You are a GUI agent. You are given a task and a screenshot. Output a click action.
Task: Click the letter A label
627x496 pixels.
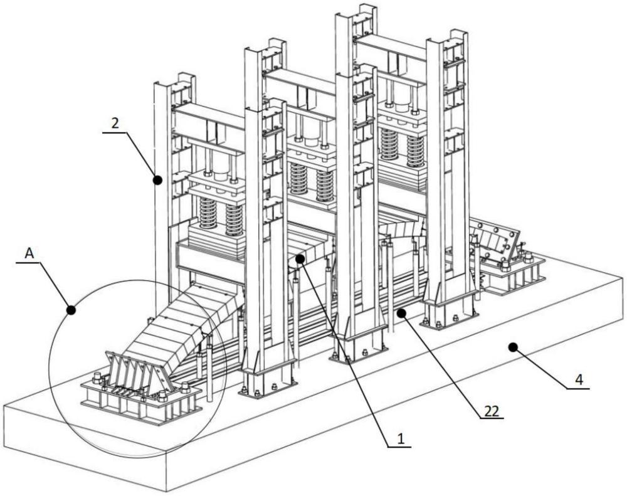pyautogui.click(x=29, y=253)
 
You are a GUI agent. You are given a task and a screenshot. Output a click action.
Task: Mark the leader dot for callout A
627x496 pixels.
pyautogui.click(x=71, y=309)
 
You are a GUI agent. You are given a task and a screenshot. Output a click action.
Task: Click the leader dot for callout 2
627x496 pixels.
pyautogui.click(x=157, y=181)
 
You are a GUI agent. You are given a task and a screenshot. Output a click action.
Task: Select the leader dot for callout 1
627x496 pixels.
pyautogui.click(x=300, y=258)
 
